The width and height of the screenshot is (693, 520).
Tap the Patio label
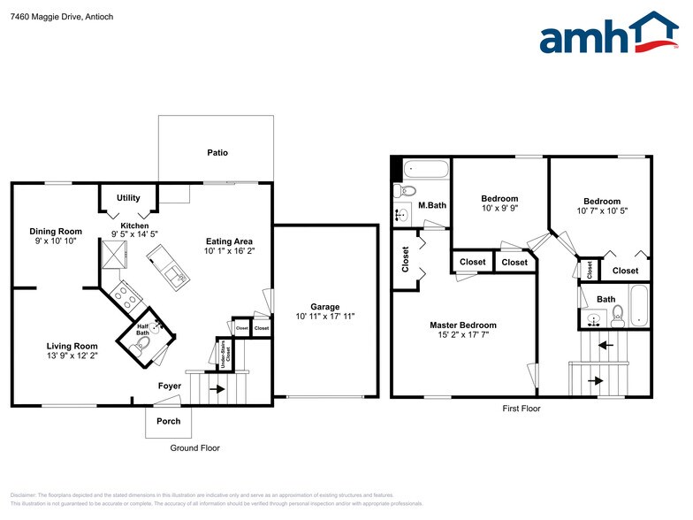pyautogui.click(x=217, y=153)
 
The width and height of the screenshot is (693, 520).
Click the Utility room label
pyautogui.click(x=128, y=197)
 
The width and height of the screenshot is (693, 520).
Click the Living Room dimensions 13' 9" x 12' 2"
pyautogui.click(x=72, y=356)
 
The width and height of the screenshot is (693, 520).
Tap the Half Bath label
pyautogui.click(x=142, y=331)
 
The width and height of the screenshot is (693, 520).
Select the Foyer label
pyautogui.click(x=170, y=386)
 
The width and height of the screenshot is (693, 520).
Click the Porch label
pyautogui.click(x=168, y=421)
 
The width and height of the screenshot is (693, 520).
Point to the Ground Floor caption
pyautogui.click(x=194, y=448)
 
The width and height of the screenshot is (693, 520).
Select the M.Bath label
pyautogui.click(x=430, y=206)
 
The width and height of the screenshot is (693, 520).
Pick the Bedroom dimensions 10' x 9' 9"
pyautogui.click(x=499, y=210)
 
